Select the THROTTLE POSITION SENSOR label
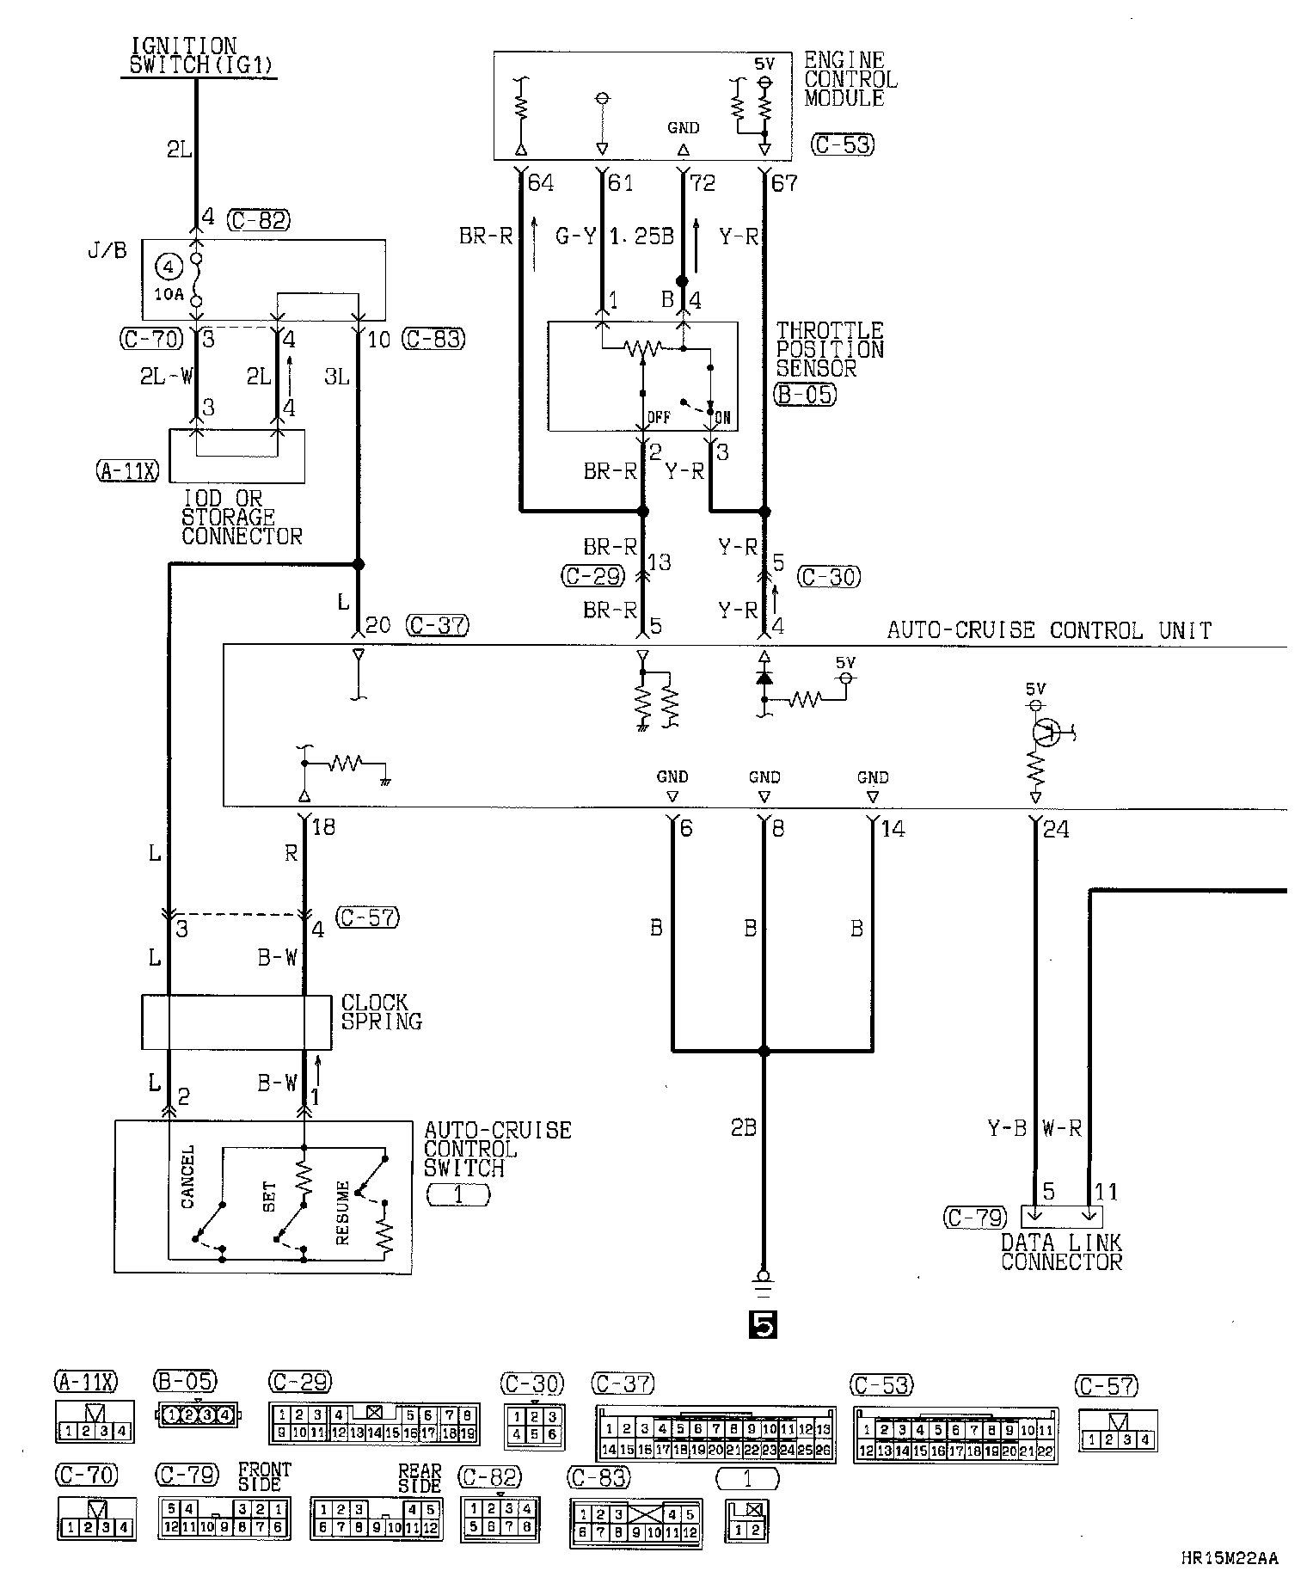[829, 350]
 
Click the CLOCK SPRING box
[236, 1022]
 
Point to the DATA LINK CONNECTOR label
[1061, 1252]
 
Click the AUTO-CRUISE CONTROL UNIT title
[1049, 631]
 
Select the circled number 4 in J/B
[169, 267]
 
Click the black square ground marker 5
[763, 1326]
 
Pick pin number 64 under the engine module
[541, 182]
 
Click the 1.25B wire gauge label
[641, 236]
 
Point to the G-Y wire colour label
[575, 236]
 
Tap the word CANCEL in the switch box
[188, 1176]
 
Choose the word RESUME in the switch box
[342, 1212]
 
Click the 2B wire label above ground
[744, 1127]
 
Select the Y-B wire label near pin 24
[1007, 1128]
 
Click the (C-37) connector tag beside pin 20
[437, 625]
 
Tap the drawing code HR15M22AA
[1229, 1558]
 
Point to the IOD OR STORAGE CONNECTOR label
[242, 518]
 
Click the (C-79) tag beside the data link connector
[975, 1218]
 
